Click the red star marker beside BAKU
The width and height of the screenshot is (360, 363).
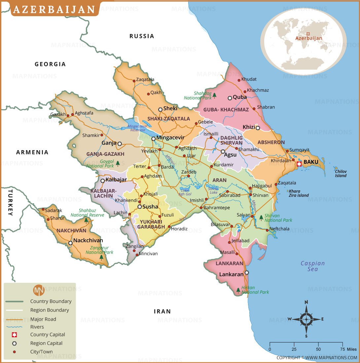(299, 163)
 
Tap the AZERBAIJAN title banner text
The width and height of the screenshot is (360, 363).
(55, 9)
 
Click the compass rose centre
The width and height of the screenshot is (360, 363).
(306, 319)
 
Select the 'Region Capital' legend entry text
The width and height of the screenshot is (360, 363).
(46, 343)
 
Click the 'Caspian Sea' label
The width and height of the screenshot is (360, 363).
(312, 266)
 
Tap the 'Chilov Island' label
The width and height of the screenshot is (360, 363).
(341, 174)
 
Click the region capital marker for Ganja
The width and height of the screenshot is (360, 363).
(120, 144)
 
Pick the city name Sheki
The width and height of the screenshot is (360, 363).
(170, 108)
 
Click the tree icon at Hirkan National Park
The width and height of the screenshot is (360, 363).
(238, 290)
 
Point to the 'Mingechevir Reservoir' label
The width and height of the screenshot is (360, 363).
(137, 128)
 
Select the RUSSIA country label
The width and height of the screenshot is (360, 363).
(142, 36)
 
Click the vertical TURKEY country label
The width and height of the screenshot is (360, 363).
(10, 203)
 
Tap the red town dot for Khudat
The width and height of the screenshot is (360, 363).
(239, 80)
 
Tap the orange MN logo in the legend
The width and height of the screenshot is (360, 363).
(39, 290)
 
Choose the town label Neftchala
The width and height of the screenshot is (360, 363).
(279, 228)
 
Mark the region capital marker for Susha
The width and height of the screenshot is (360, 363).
(140, 207)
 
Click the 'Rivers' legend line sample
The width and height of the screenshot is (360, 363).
(14, 327)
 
